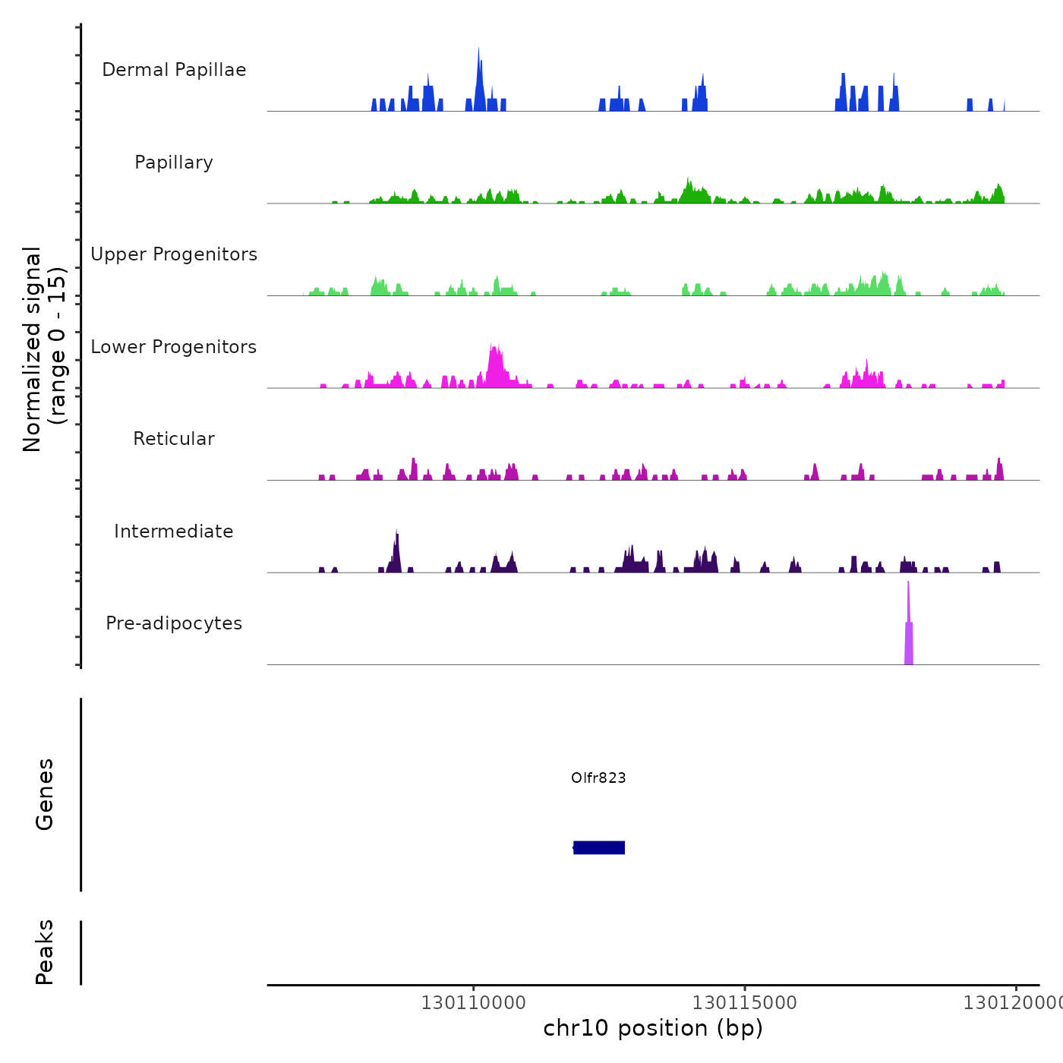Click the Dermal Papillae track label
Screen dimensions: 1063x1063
coord(174,70)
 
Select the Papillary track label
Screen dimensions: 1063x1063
coord(174,162)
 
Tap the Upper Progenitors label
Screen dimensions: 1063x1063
coord(174,254)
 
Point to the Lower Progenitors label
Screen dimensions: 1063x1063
coord(174,347)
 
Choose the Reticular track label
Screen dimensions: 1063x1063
coord(174,439)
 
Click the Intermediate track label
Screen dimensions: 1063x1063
coord(174,531)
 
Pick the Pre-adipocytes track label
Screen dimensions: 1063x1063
coord(174,623)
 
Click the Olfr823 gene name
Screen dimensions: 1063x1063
coord(598,778)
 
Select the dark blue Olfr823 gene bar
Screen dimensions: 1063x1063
coord(599,847)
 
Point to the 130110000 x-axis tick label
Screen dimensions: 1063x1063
coord(473,1003)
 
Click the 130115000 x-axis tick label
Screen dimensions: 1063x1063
coord(745,1003)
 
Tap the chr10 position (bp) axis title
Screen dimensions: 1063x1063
coord(653,1028)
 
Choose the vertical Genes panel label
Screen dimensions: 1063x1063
coord(44,794)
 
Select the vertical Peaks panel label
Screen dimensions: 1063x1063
coord(44,952)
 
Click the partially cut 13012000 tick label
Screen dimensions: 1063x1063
coord(1013,1003)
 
